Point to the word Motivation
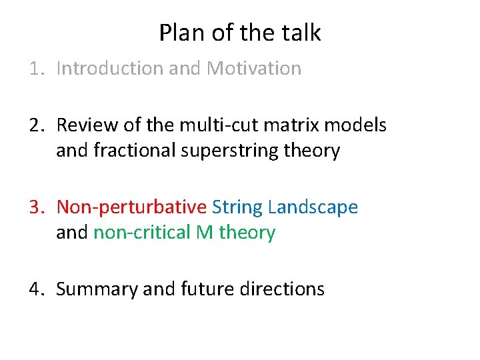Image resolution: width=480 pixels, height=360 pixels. coord(254,68)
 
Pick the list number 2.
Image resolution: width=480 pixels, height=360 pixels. coord(35,125)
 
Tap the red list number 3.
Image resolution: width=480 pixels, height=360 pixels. coord(35,207)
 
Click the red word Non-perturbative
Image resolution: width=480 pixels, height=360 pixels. coord(131,207)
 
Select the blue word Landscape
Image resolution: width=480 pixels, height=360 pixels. coord(313,207)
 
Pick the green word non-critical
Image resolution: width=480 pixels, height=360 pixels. coord(142,233)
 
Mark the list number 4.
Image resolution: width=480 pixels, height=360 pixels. coord(35,289)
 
